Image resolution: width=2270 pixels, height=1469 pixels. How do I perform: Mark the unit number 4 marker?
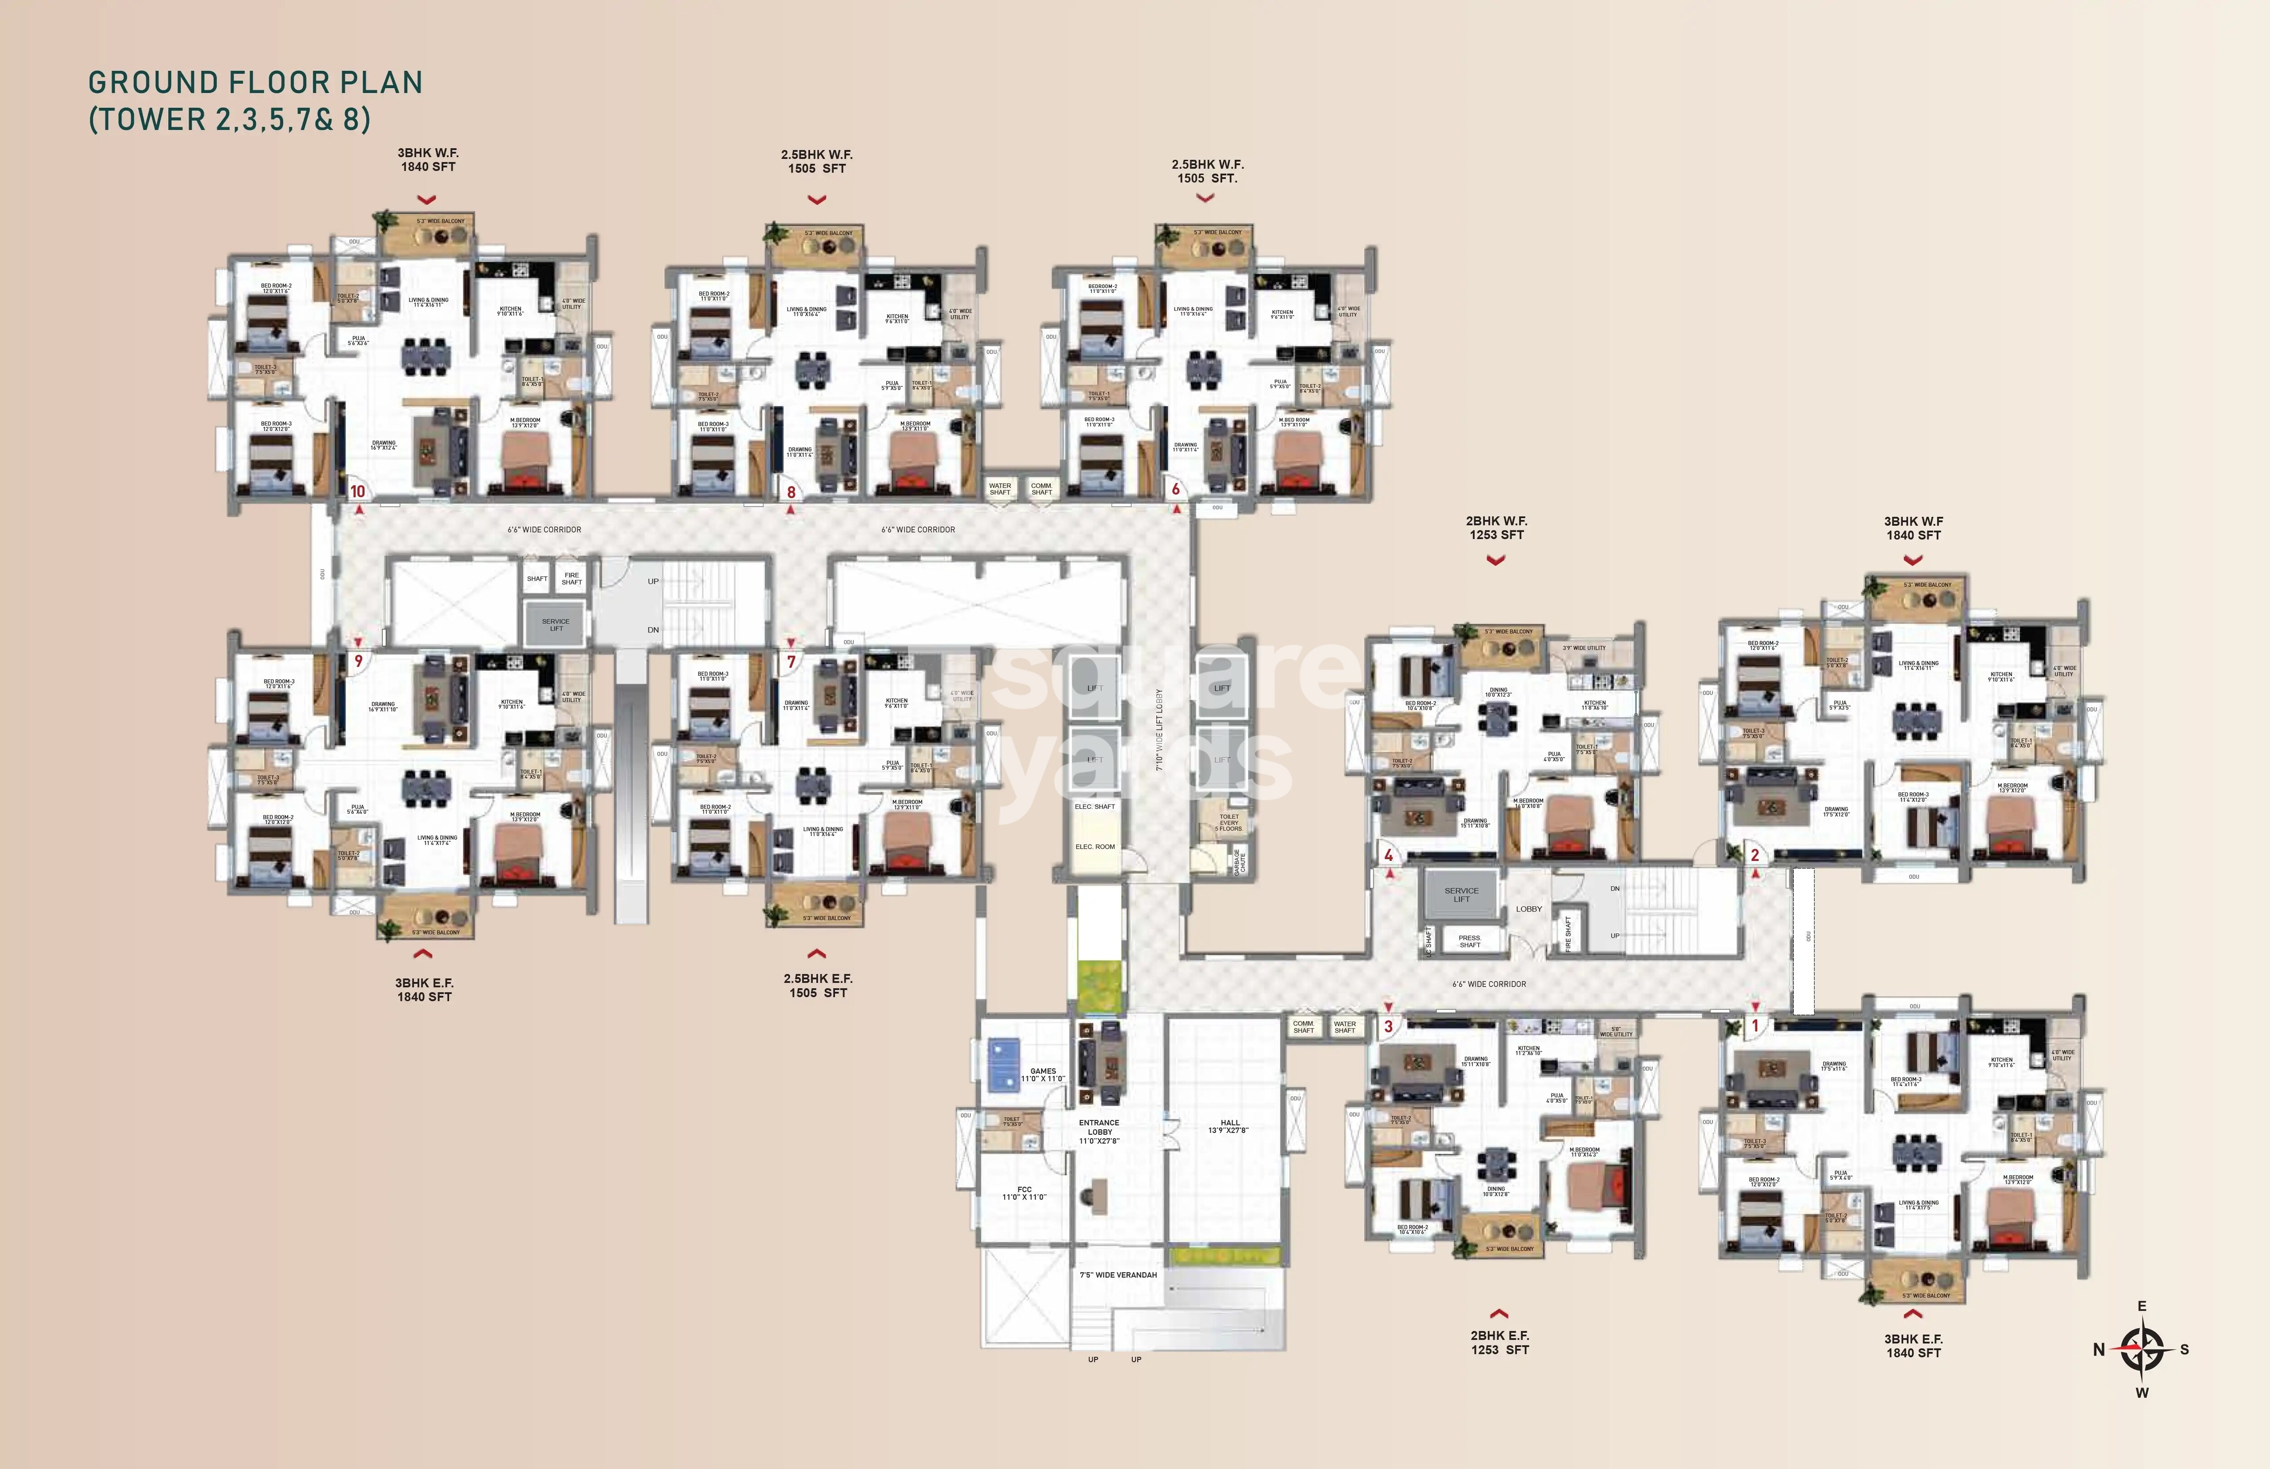click(x=1389, y=856)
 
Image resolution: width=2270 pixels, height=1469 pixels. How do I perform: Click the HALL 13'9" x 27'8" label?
click(x=1229, y=1127)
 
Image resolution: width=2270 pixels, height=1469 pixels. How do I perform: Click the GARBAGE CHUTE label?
click(x=1239, y=862)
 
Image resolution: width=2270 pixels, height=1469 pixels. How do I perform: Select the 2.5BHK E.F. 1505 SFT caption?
click(x=817, y=985)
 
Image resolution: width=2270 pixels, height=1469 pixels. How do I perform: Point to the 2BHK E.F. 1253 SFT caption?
click(x=1500, y=1342)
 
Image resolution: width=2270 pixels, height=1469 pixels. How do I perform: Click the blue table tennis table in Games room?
click(x=1003, y=1063)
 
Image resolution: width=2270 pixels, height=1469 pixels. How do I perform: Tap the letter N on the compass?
click(x=2098, y=1350)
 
